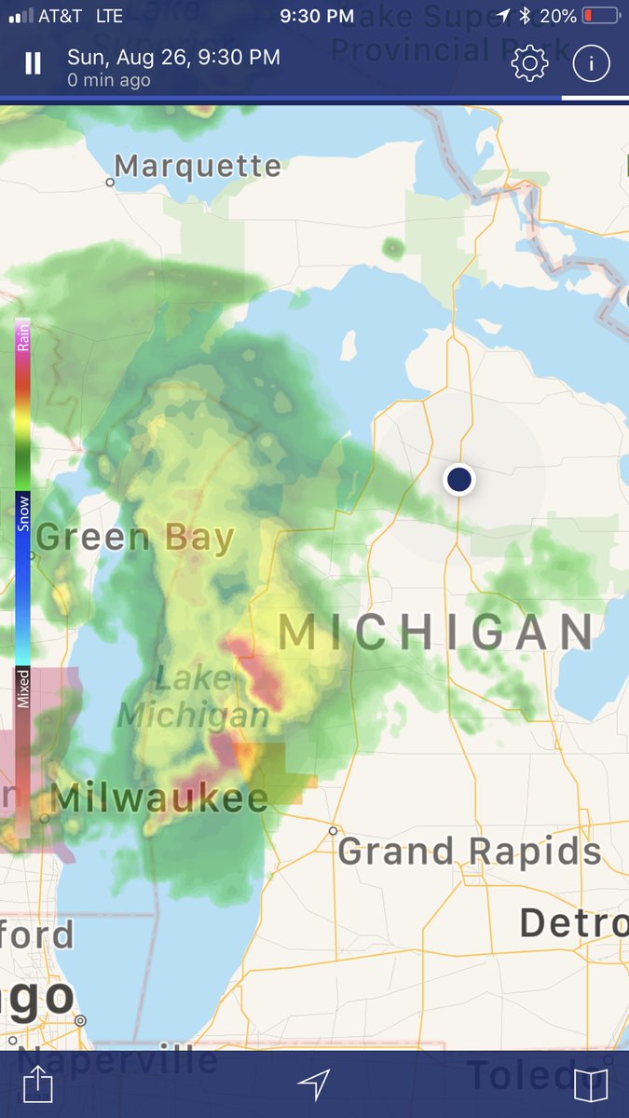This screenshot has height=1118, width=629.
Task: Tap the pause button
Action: [x=34, y=63]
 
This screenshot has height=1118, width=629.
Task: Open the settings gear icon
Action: [x=529, y=63]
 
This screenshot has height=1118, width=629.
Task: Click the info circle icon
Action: [x=591, y=63]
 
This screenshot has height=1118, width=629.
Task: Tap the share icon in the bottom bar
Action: [x=37, y=1084]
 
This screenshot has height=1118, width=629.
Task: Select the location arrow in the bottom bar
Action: [x=314, y=1084]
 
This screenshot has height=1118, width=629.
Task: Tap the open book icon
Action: [x=591, y=1084]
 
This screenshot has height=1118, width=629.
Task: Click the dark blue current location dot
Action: [x=459, y=479]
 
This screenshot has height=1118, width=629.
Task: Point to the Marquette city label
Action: [x=198, y=167]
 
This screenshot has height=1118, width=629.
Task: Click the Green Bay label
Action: [x=135, y=539]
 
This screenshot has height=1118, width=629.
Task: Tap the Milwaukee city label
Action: [x=160, y=798]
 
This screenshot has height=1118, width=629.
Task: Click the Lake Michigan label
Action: [x=194, y=697]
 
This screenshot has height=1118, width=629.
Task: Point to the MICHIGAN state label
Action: [x=436, y=633]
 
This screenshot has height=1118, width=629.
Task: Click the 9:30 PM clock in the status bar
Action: [x=317, y=16]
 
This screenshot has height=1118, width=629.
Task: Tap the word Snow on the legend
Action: [x=24, y=513]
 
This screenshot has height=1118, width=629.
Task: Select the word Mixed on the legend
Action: [x=24, y=688]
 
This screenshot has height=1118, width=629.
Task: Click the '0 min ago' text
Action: [x=109, y=81]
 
